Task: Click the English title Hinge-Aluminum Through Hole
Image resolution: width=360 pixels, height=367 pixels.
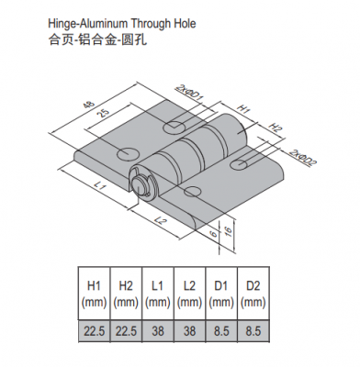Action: click(x=122, y=23)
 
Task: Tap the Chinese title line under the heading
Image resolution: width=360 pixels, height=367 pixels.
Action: click(x=97, y=39)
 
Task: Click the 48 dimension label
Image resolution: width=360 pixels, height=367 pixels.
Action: click(x=92, y=106)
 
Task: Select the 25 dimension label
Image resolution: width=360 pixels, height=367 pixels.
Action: click(x=104, y=114)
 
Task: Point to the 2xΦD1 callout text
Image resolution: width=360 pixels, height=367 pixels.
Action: click(x=190, y=93)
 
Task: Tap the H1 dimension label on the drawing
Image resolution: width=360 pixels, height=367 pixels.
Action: click(x=244, y=109)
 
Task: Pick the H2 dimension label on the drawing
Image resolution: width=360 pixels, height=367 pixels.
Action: click(x=275, y=128)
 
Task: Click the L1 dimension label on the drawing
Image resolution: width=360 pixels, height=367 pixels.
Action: click(x=100, y=185)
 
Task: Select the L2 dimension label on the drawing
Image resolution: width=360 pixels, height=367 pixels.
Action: click(x=160, y=221)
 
